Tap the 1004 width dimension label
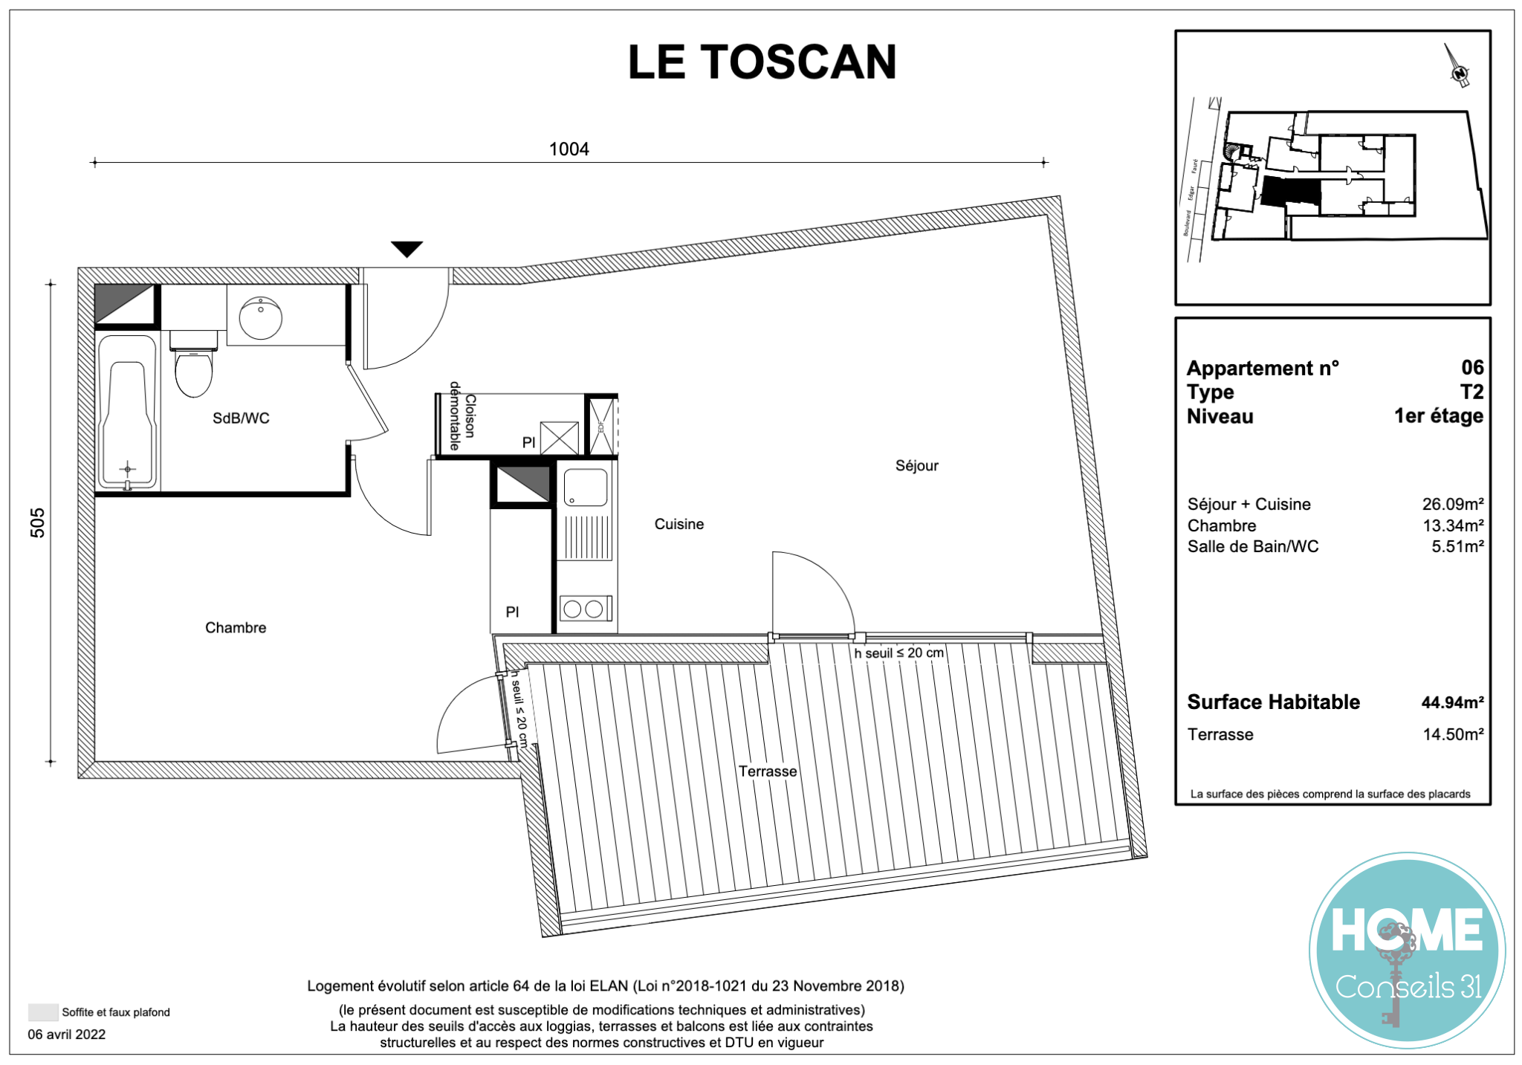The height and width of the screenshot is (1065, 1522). (569, 149)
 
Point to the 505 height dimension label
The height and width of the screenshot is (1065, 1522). (37, 522)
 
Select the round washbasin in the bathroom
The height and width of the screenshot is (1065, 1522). (260, 318)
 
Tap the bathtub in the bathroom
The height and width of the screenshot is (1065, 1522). (127, 412)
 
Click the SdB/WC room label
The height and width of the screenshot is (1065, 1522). (241, 418)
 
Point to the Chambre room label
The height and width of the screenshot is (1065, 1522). (236, 628)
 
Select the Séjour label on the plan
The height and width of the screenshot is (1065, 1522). (916, 466)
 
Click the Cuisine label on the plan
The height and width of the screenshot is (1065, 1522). (679, 524)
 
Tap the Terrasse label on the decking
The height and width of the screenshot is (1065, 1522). (768, 771)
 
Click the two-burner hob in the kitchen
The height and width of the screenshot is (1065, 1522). (586, 609)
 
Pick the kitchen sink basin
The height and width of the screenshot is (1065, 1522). (586, 488)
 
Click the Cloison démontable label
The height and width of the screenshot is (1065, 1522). (462, 416)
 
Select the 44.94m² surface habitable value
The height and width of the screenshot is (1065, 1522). (1452, 702)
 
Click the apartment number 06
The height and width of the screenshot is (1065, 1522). (1472, 367)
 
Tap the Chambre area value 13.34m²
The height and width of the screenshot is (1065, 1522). (1453, 525)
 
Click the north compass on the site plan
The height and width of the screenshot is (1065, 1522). (1457, 66)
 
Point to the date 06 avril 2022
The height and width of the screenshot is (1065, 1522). (67, 1035)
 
